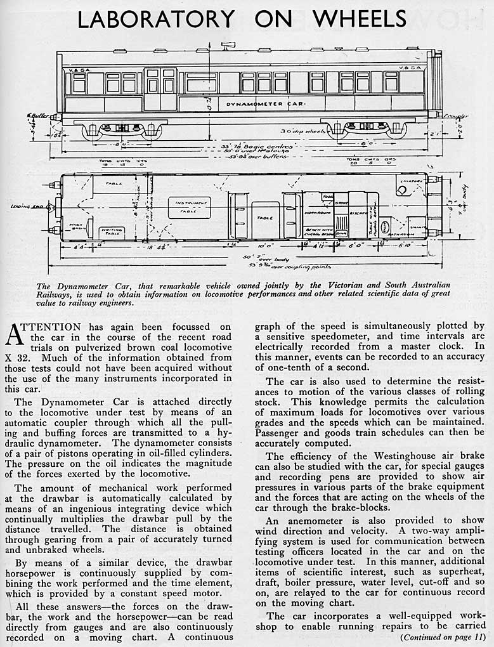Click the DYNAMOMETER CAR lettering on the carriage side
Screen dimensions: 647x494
(266, 103)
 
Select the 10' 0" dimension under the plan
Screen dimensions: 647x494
(265, 244)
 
